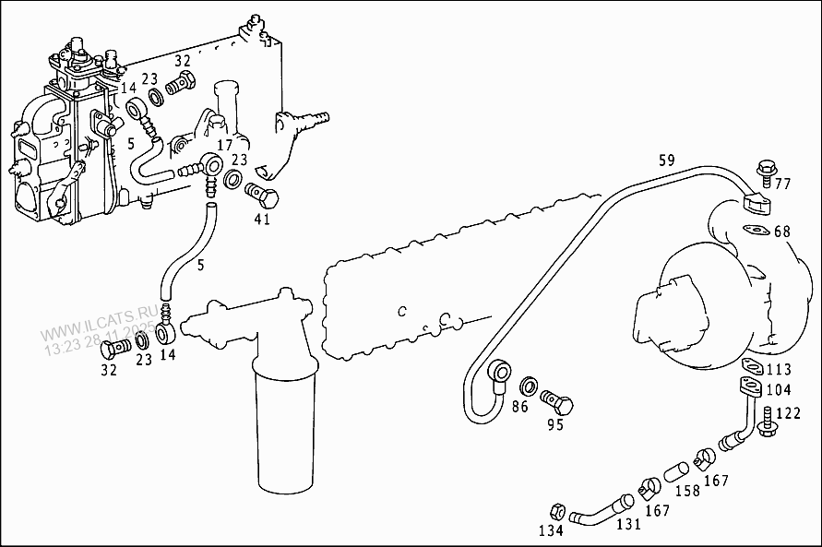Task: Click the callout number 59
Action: click(666, 160)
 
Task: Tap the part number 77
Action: click(782, 184)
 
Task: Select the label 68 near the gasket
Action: click(782, 231)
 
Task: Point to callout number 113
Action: click(778, 370)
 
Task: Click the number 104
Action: click(778, 391)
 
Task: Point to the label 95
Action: click(554, 425)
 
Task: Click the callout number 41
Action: click(263, 220)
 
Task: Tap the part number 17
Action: click(225, 146)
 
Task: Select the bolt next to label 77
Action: click(765, 170)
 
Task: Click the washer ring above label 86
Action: click(530, 385)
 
